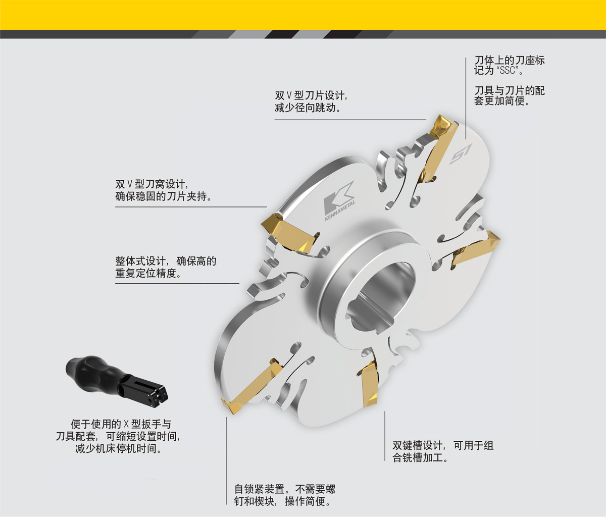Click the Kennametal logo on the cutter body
(x=339, y=201)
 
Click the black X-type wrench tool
(x=117, y=381)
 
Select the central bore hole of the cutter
(x=381, y=296)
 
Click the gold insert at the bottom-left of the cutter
(x=252, y=386)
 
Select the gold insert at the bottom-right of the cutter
(x=369, y=384)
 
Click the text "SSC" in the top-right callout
(x=508, y=70)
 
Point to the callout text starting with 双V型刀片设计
(x=311, y=101)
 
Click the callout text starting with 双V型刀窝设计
(x=163, y=190)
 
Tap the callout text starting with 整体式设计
(x=166, y=267)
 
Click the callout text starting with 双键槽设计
(x=443, y=451)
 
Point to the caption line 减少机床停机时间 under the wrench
(x=119, y=449)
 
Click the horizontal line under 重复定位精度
(x=177, y=283)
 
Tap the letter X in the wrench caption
(x=126, y=424)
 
